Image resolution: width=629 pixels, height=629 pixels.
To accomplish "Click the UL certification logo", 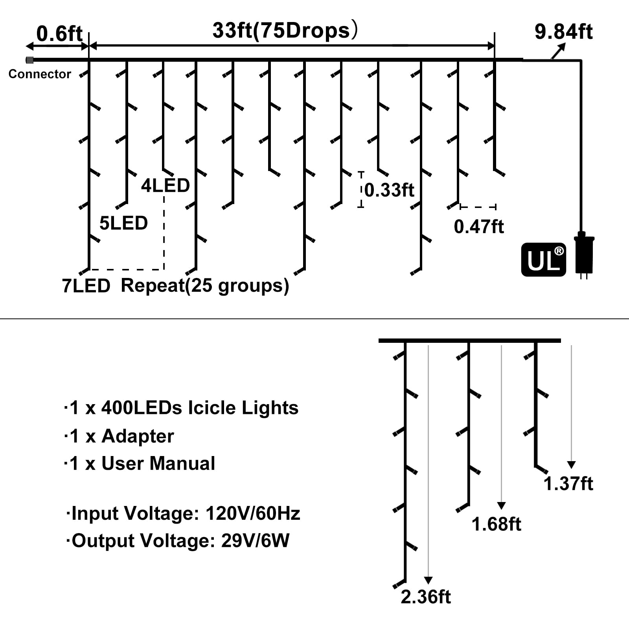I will [543, 259].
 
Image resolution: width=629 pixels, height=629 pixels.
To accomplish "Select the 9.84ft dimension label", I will [563, 32].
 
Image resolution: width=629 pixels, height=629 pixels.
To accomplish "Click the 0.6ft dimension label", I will [59, 34].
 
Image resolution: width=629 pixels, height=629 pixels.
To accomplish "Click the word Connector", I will [40, 74].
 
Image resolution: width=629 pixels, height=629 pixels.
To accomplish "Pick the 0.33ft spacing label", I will [389, 190].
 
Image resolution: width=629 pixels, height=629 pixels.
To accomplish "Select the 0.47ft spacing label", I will [478, 227].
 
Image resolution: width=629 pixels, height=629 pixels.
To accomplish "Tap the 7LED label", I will [86, 286].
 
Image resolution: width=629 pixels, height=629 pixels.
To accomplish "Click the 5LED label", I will [123, 223].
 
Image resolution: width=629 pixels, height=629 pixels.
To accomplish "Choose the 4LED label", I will [166, 186].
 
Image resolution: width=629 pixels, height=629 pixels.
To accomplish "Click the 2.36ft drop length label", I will [426, 597].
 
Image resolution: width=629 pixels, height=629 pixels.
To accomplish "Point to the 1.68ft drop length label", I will [496, 524].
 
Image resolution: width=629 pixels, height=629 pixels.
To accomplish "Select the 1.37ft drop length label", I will [568, 484].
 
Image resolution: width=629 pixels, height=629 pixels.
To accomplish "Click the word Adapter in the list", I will [138, 436].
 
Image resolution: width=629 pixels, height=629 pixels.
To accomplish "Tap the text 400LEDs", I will [142, 408].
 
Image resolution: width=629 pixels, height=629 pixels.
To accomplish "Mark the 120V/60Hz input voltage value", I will [253, 513].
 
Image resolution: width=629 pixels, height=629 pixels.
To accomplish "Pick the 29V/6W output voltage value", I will [255, 541].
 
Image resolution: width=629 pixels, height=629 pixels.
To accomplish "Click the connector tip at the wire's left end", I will [29, 60].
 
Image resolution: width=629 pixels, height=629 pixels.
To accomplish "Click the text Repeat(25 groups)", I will [205, 286].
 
